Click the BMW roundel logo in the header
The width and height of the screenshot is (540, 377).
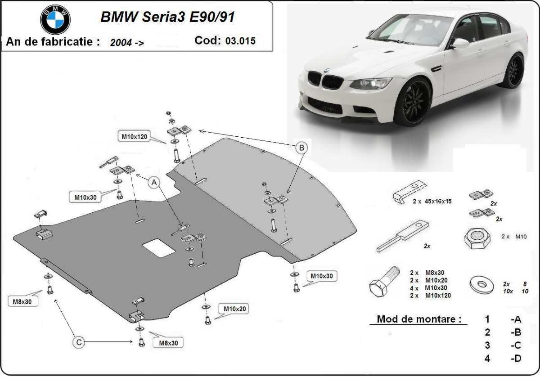56,19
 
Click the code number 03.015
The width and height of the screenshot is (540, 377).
240,41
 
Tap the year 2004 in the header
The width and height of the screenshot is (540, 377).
121,43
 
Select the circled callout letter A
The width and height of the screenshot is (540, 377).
154,182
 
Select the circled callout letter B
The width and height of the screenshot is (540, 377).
302,147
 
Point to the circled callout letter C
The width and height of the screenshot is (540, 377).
78,342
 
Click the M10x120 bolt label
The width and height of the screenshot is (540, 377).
134,136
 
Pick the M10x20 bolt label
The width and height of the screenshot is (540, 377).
233,309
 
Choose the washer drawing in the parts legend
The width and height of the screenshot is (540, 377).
481,284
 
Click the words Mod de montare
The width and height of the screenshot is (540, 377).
418,319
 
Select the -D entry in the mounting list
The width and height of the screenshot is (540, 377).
516,359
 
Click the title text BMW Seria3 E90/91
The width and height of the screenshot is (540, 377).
167,17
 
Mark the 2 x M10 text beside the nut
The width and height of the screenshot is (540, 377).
513,236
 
